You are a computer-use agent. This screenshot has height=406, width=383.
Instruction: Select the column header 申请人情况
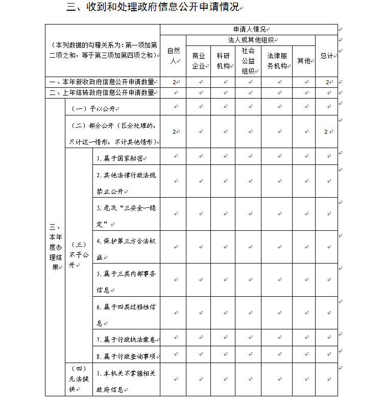pos(249,30)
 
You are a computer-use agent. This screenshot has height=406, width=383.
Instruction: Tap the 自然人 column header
pos(173,56)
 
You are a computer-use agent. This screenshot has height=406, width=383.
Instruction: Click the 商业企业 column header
pos(198,61)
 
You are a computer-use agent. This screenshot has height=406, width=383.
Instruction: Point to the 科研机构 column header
pos(223,61)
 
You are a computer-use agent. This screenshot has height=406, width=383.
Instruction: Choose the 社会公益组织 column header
pos(248,61)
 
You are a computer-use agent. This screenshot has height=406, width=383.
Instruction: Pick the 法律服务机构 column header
pos(277,61)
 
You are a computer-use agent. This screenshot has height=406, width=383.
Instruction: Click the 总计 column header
pos(326,56)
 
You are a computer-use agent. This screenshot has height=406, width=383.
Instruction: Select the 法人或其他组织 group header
pos(250,40)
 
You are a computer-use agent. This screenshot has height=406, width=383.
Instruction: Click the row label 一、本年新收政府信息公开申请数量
pos(102,82)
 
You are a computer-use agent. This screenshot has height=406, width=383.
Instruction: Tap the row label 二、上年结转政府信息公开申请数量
pos(102,93)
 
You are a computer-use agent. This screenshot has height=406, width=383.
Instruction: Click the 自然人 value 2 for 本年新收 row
pos(174,82)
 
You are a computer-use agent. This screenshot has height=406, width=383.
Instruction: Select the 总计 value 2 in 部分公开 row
pos(326,132)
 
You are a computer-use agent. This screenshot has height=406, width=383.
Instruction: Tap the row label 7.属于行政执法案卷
pos(126,339)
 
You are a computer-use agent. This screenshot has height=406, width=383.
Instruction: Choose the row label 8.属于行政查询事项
pos(126,355)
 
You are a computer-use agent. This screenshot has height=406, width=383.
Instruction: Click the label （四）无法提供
pos(78,379)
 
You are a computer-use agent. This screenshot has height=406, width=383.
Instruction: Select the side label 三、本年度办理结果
pos(55,247)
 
